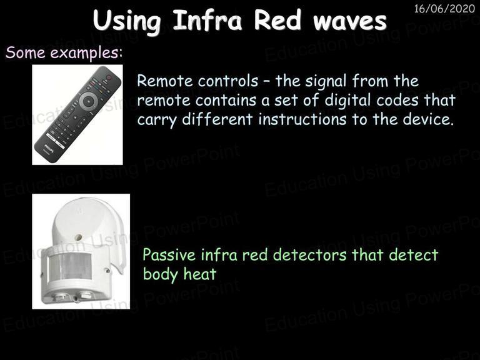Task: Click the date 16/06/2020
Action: (444, 9)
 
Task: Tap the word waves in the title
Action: (349, 21)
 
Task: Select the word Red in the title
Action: (277, 21)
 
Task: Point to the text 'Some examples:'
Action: (64, 52)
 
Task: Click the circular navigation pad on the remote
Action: (89, 101)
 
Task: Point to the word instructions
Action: (302, 119)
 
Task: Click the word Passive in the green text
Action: (169, 255)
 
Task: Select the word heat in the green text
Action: (200, 274)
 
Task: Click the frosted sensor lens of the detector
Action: (70, 266)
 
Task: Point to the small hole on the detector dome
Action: (78, 237)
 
